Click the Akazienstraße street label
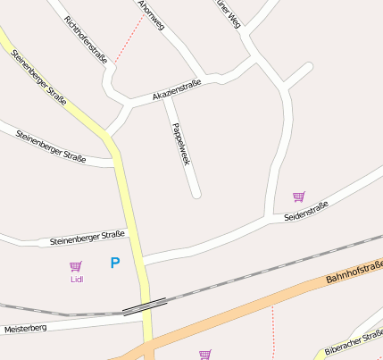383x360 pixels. click(177, 89)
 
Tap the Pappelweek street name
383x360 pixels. click(181, 144)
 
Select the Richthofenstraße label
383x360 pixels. click(86, 38)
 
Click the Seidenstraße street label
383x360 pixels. click(306, 212)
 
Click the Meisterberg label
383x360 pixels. click(25, 329)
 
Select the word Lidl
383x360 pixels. click(76, 280)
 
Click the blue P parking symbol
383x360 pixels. click(114, 263)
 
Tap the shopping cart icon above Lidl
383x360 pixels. click(76, 266)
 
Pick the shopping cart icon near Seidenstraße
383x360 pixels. click(298, 197)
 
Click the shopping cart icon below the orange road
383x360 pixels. click(205, 354)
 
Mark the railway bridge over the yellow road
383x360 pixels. click(144, 306)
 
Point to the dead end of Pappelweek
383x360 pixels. click(196, 193)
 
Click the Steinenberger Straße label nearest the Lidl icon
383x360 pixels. click(87, 237)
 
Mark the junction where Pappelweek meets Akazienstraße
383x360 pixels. click(166, 96)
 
